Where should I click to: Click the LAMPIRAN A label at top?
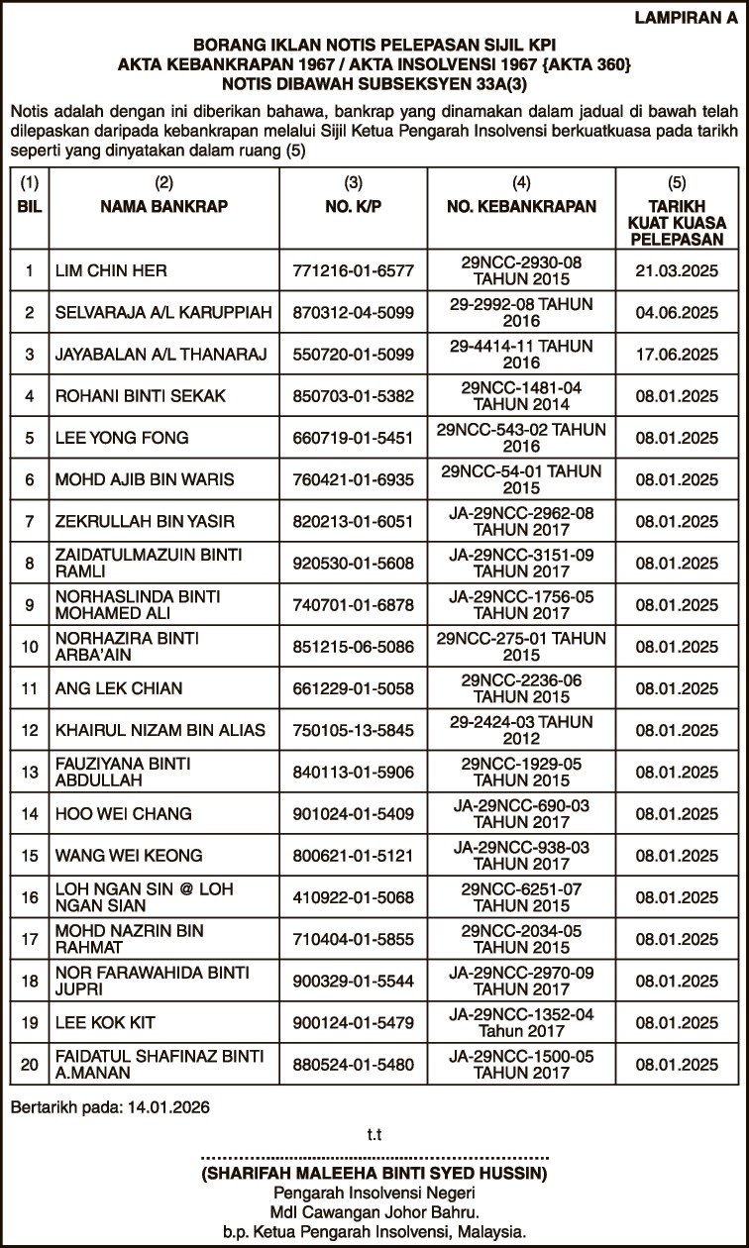[x=690, y=17]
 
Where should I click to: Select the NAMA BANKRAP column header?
[x=164, y=206]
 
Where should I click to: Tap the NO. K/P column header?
[x=353, y=206]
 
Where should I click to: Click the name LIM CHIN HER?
[x=111, y=270]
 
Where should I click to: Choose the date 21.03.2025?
[x=677, y=270]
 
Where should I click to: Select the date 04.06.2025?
[x=677, y=312]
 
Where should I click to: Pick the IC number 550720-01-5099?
[x=353, y=354]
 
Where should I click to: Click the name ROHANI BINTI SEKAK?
[x=141, y=396]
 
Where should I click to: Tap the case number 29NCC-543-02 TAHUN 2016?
[x=522, y=438]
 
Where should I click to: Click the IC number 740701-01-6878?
[x=353, y=604]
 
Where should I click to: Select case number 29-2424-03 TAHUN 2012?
[x=522, y=730]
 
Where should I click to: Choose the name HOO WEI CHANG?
[x=122, y=814]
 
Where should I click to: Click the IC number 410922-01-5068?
[x=353, y=897]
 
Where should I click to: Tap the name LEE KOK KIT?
[x=104, y=1022]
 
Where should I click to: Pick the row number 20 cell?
[x=30, y=1065]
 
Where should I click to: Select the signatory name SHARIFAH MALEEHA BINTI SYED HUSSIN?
[x=374, y=1174]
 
